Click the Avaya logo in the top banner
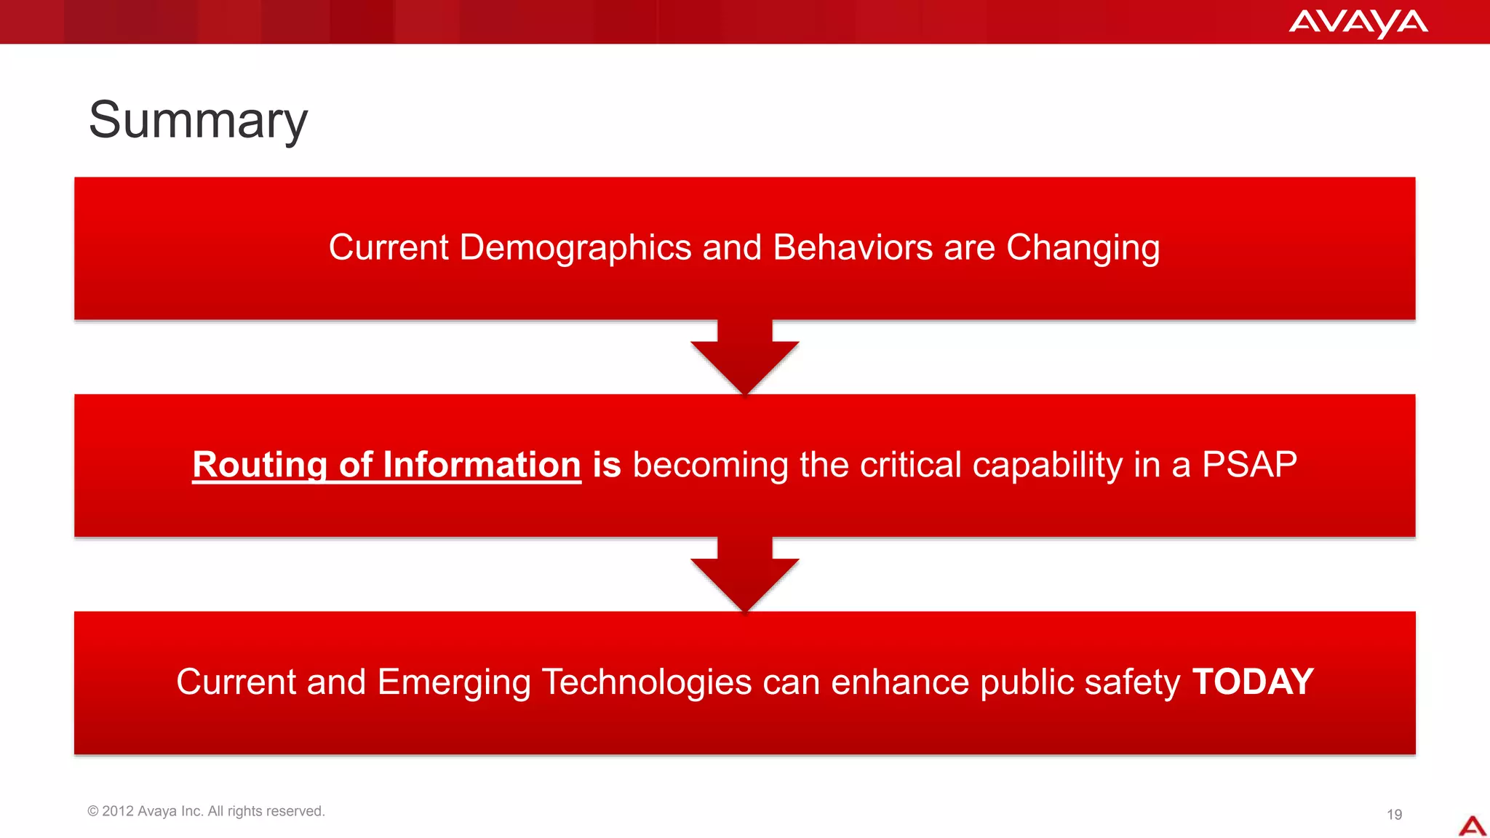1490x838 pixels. (x=1358, y=23)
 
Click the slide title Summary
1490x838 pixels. (x=198, y=121)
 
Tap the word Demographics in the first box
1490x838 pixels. (x=575, y=248)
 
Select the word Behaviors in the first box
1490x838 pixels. (x=852, y=248)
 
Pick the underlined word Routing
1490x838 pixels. (x=260, y=466)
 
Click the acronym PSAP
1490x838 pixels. (x=1249, y=465)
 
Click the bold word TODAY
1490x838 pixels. (x=1253, y=682)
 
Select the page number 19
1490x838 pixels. (x=1394, y=815)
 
